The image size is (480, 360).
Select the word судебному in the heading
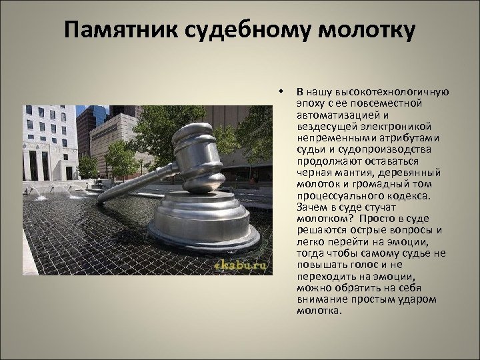point(232,31)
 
